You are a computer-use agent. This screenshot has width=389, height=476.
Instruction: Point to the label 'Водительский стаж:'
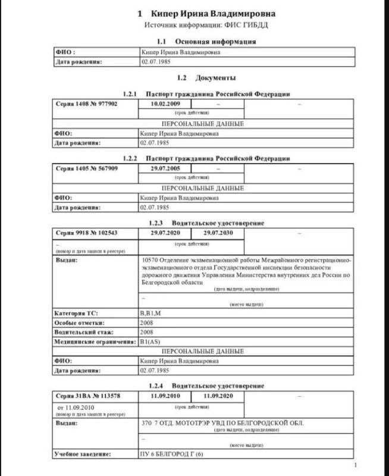84,332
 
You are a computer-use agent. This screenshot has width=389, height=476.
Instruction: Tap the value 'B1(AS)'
152,342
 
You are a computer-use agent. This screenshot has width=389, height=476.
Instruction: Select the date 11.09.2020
217,396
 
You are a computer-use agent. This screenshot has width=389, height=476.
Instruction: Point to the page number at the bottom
355,465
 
